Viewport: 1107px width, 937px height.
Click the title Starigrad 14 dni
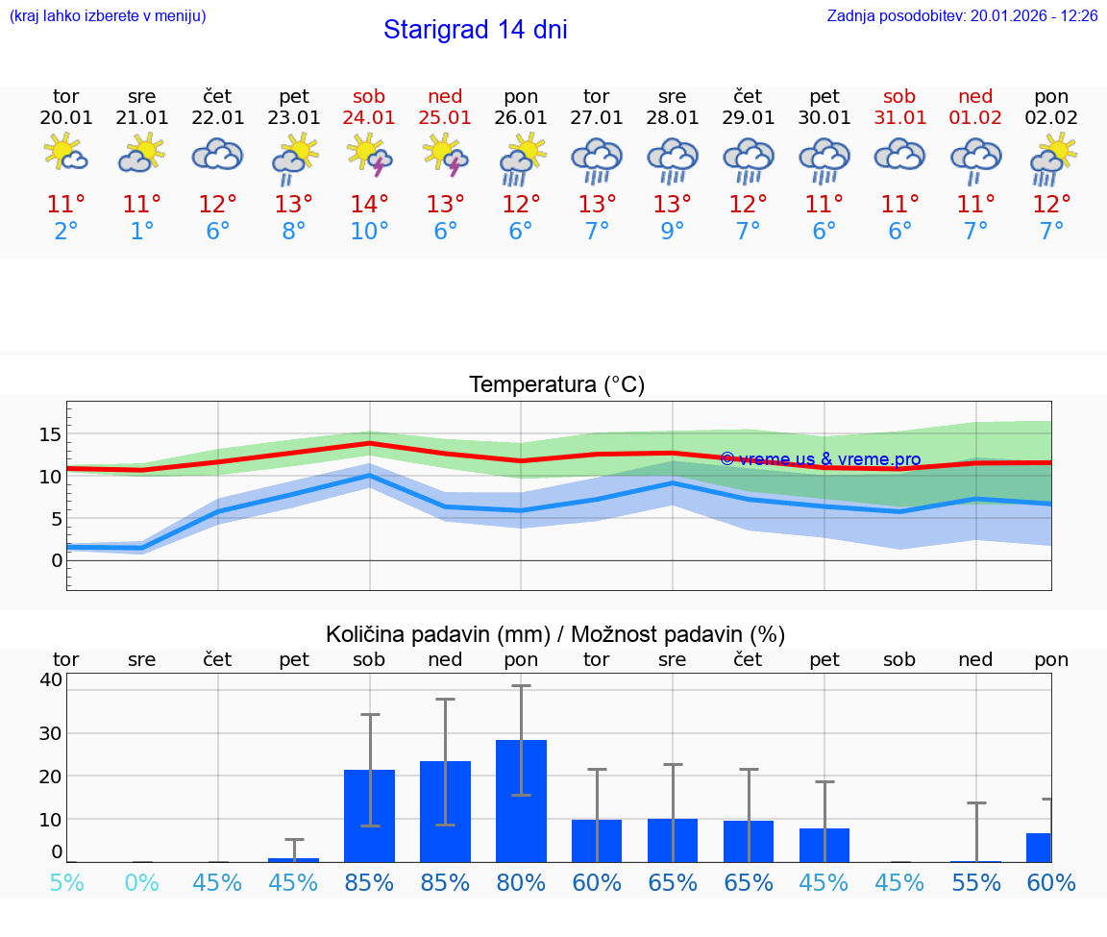(475, 30)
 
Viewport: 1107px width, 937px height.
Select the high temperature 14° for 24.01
(369, 205)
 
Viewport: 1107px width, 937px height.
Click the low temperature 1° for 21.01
(142, 232)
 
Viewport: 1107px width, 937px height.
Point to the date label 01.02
(975, 117)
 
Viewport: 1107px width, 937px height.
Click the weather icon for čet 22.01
(217, 155)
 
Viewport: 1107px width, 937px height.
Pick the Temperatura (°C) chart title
(556, 385)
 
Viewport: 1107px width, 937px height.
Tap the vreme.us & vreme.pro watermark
(820, 459)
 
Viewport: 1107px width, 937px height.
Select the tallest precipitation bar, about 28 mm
(521, 801)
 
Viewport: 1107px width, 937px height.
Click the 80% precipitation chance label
(521, 882)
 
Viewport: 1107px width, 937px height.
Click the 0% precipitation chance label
(142, 882)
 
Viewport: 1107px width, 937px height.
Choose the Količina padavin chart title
(555, 634)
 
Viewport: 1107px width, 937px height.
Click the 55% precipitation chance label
(976, 882)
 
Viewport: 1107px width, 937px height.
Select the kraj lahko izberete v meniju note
(107, 15)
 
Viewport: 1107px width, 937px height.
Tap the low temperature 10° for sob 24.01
(369, 232)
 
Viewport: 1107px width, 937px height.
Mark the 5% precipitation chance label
(66, 882)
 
